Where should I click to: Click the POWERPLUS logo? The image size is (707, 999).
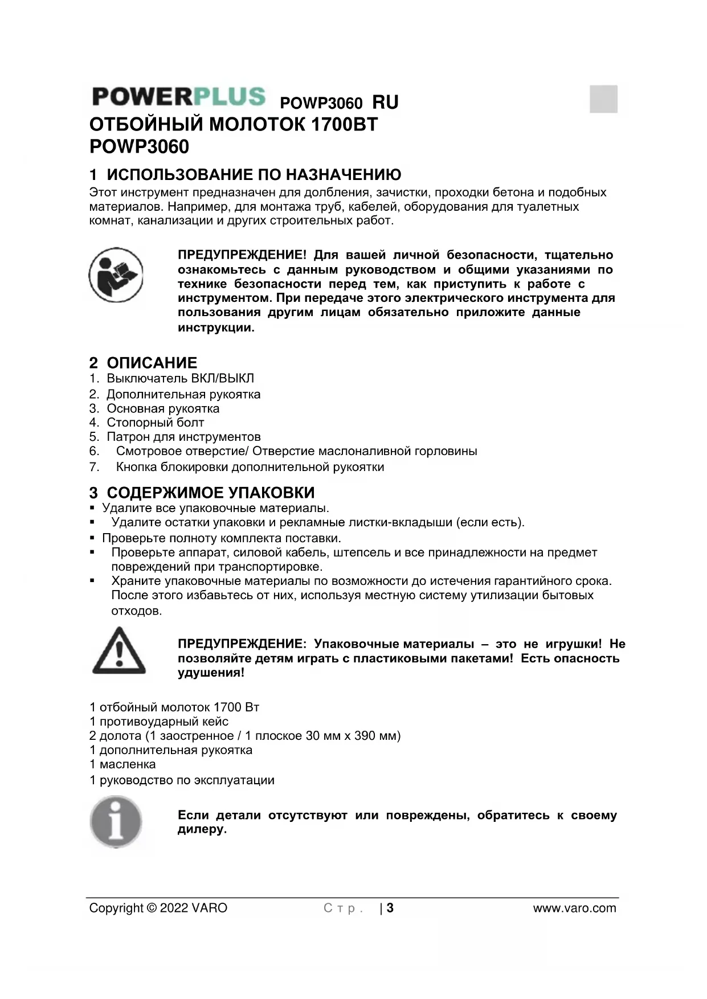178,97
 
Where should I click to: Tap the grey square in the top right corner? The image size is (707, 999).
603,99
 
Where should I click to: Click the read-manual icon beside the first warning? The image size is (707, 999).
116,276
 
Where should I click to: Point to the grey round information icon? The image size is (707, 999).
116,822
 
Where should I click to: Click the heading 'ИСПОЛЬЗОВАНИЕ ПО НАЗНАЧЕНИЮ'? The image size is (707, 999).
254,174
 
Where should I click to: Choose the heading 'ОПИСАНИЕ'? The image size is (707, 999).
152,363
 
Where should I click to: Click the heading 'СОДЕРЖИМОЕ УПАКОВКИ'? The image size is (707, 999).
210,493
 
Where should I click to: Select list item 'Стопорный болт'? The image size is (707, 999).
155,423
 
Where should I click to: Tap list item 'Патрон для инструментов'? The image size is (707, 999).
183,437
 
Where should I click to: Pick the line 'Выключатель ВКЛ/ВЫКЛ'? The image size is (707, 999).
180,378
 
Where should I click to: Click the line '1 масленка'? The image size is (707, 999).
122,764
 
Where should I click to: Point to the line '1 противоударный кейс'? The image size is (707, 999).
159,722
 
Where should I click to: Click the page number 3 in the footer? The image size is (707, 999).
390,908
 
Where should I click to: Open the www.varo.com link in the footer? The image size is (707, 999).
574,908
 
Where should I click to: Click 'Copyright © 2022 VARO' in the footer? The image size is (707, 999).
158,908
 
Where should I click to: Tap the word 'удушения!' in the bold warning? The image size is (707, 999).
211,673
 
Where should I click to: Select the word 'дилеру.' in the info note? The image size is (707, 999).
202,829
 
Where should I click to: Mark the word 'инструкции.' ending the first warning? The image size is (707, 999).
216,327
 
